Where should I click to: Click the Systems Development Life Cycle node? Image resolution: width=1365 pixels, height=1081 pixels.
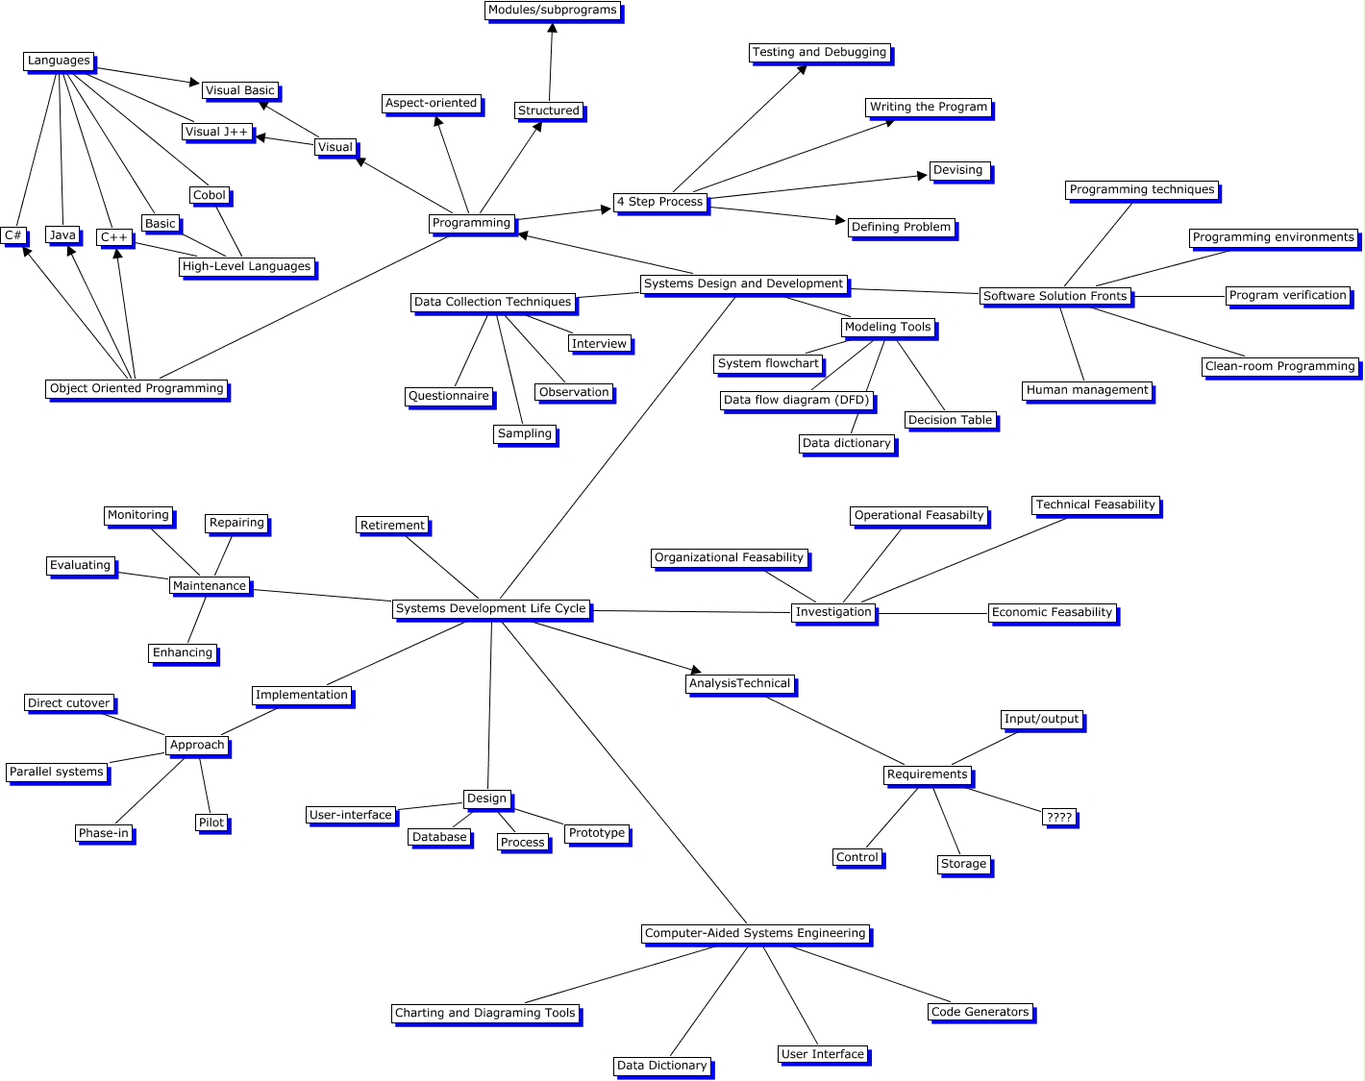(x=491, y=608)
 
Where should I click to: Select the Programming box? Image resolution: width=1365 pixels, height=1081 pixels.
(x=471, y=223)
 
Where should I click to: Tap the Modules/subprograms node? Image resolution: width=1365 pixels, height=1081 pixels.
(x=552, y=11)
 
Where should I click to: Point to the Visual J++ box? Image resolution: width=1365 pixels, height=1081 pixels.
(x=216, y=132)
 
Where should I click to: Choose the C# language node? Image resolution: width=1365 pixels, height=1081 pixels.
(x=13, y=235)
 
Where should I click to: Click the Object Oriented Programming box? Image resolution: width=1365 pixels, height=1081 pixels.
(x=136, y=388)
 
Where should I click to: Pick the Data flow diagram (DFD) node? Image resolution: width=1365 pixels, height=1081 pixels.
(x=796, y=400)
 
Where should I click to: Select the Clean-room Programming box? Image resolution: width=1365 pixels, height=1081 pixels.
(x=1279, y=366)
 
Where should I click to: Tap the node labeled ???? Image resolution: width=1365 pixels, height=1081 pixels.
(x=1059, y=817)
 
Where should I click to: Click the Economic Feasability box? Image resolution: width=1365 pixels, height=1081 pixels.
(x=1052, y=612)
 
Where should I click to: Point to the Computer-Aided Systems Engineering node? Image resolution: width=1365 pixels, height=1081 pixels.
(x=755, y=933)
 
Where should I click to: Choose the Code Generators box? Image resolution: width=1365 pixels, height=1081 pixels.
(x=980, y=1012)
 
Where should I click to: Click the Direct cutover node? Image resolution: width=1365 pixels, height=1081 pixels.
(x=69, y=703)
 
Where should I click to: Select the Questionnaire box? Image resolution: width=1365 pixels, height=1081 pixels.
(x=449, y=396)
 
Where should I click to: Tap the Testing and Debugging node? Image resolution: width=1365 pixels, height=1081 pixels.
(x=819, y=52)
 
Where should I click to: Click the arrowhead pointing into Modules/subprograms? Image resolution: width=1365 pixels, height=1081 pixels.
(x=552, y=28)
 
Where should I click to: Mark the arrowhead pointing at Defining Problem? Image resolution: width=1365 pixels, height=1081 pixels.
(x=840, y=220)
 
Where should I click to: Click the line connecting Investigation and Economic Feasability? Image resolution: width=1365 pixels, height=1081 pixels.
(x=932, y=613)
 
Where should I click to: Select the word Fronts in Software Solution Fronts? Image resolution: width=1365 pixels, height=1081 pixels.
(x=1108, y=296)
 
